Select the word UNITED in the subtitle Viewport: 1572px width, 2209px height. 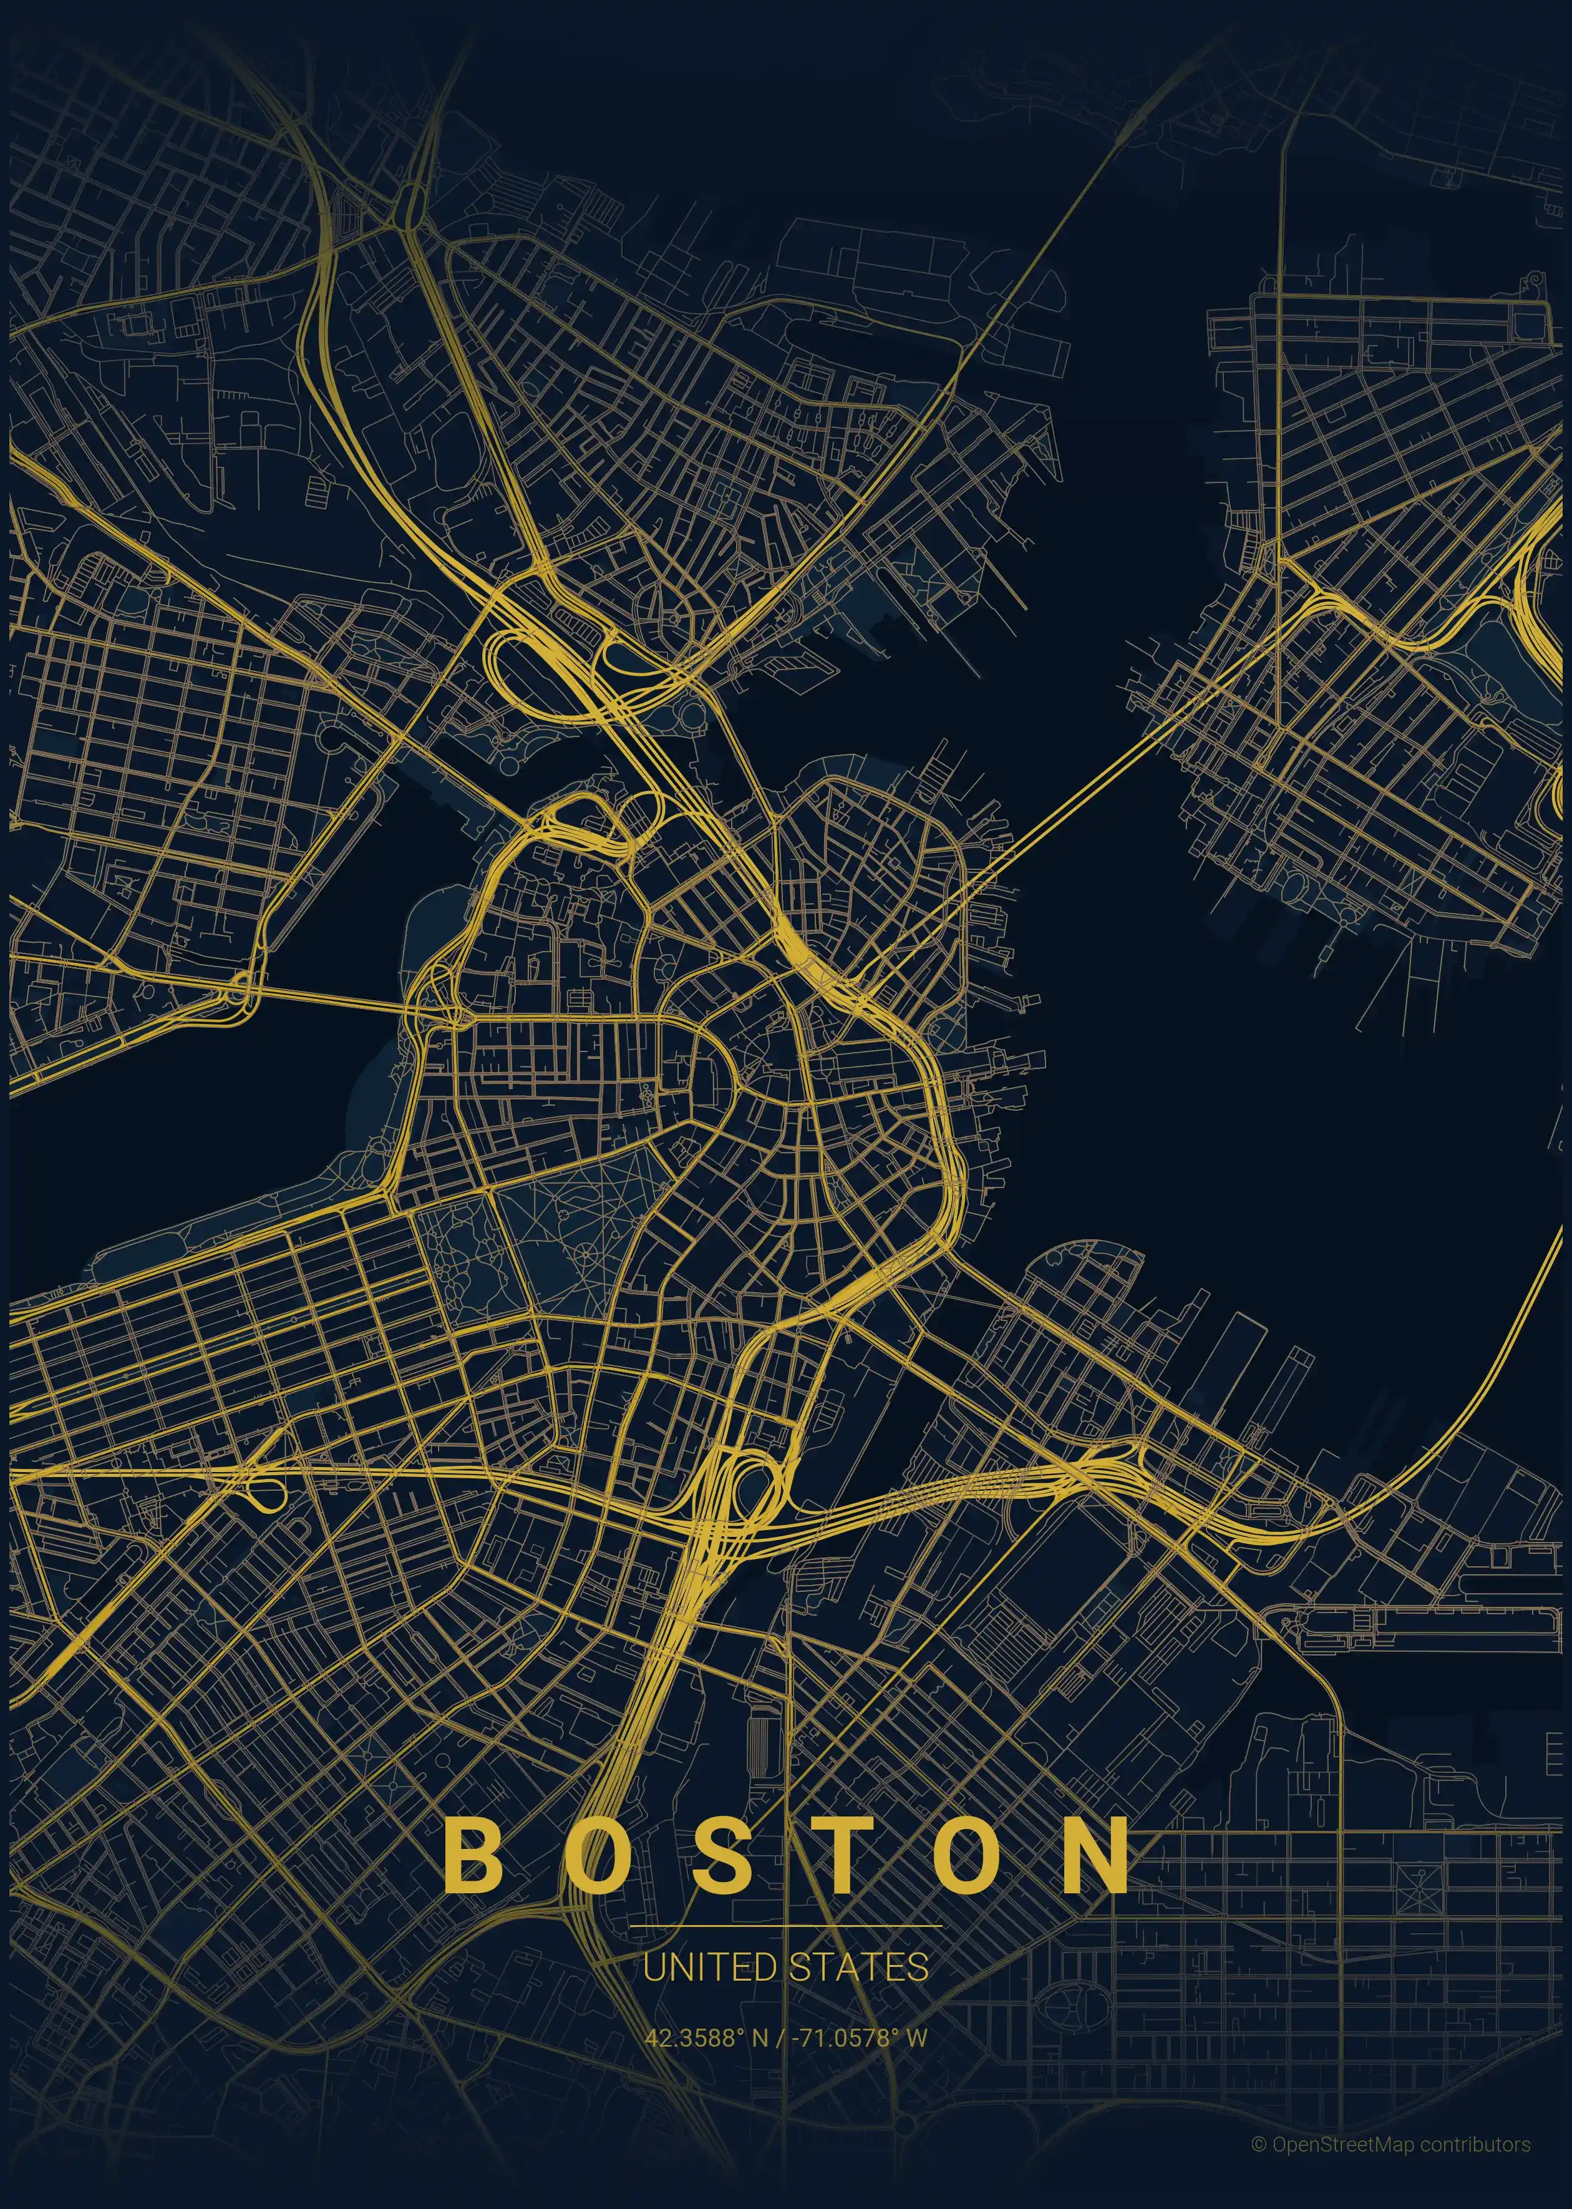coord(709,1967)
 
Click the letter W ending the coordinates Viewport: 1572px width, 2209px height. coord(916,2037)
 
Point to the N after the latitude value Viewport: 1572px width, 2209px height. coord(760,2037)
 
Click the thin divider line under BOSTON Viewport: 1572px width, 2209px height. coord(785,1926)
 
